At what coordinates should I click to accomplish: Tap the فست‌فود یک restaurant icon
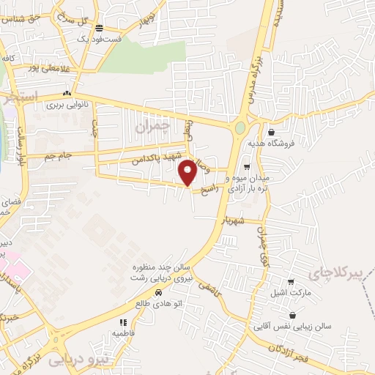(99, 29)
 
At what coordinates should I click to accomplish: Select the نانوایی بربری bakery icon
(67, 94)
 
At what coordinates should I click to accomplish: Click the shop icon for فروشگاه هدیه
(272, 133)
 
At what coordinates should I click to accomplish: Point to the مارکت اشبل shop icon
(291, 282)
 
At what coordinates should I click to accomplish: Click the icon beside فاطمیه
(124, 322)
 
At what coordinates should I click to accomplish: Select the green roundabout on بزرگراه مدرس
(240, 129)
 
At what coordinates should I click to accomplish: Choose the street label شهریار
(236, 220)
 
